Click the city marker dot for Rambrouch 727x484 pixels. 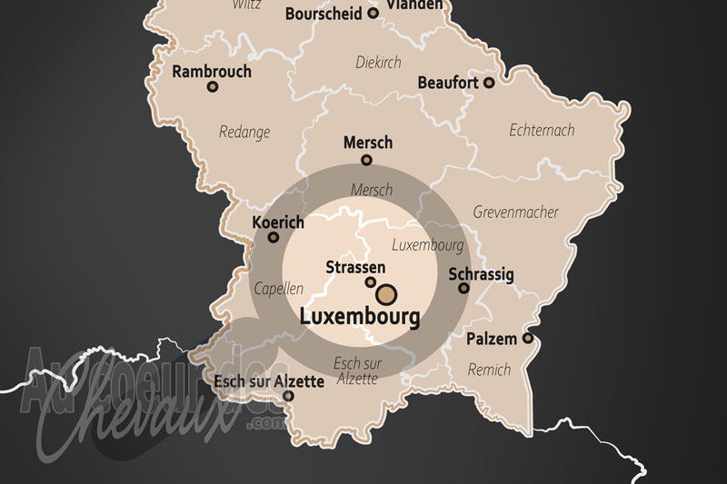213,87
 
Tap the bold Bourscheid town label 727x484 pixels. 324,14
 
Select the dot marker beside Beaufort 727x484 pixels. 489,83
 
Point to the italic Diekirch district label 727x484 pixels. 377,63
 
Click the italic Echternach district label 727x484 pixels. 542,130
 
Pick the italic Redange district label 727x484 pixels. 244,133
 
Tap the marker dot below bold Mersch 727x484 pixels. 367,161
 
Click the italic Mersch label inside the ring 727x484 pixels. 372,190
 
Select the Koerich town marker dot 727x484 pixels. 274,238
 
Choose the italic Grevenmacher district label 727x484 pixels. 515,212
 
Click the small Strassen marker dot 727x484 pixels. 371,282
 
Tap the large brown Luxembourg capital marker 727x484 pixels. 386,293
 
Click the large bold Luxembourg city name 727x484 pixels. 360,318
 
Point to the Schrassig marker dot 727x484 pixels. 463,288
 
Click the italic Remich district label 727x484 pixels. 489,370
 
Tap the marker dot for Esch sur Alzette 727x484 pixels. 288,396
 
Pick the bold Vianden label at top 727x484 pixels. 416,5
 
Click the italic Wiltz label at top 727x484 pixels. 246,5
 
